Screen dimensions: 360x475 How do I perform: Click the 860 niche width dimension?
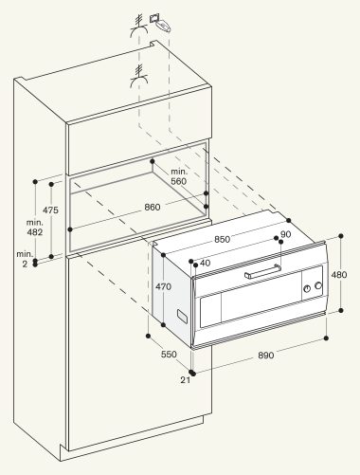[153, 207]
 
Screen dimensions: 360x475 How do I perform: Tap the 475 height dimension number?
[50, 210]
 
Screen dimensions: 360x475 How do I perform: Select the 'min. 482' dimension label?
[34, 228]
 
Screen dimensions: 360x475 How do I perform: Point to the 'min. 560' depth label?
[179, 176]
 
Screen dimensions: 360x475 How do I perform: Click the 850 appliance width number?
[223, 239]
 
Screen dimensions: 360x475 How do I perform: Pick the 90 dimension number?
[285, 234]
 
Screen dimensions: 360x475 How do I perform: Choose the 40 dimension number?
[206, 263]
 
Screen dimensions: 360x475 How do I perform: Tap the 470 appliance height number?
[163, 286]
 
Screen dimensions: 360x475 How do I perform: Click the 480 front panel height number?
[339, 275]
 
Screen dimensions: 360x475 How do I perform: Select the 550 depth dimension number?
[169, 355]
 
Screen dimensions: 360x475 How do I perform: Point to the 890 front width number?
[266, 356]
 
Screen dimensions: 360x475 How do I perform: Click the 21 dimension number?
[186, 380]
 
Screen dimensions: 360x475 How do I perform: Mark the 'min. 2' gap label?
[25, 259]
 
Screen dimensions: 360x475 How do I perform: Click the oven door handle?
[262, 271]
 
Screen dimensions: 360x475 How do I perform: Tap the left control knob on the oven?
[307, 288]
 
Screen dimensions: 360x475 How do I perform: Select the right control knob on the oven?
[318, 285]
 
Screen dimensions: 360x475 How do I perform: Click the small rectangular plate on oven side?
[182, 317]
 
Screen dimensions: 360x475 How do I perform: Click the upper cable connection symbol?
[139, 27]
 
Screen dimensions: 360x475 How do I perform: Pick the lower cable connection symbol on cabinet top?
[139, 76]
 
